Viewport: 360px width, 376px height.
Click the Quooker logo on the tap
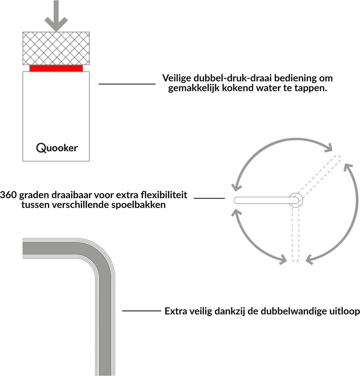(x=57, y=147)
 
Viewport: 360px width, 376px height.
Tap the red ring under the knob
(x=56, y=68)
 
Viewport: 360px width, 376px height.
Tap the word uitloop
(x=343, y=311)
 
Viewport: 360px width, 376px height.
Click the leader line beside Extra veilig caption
(x=141, y=311)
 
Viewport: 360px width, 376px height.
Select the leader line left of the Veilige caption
(x=127, y=84)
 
